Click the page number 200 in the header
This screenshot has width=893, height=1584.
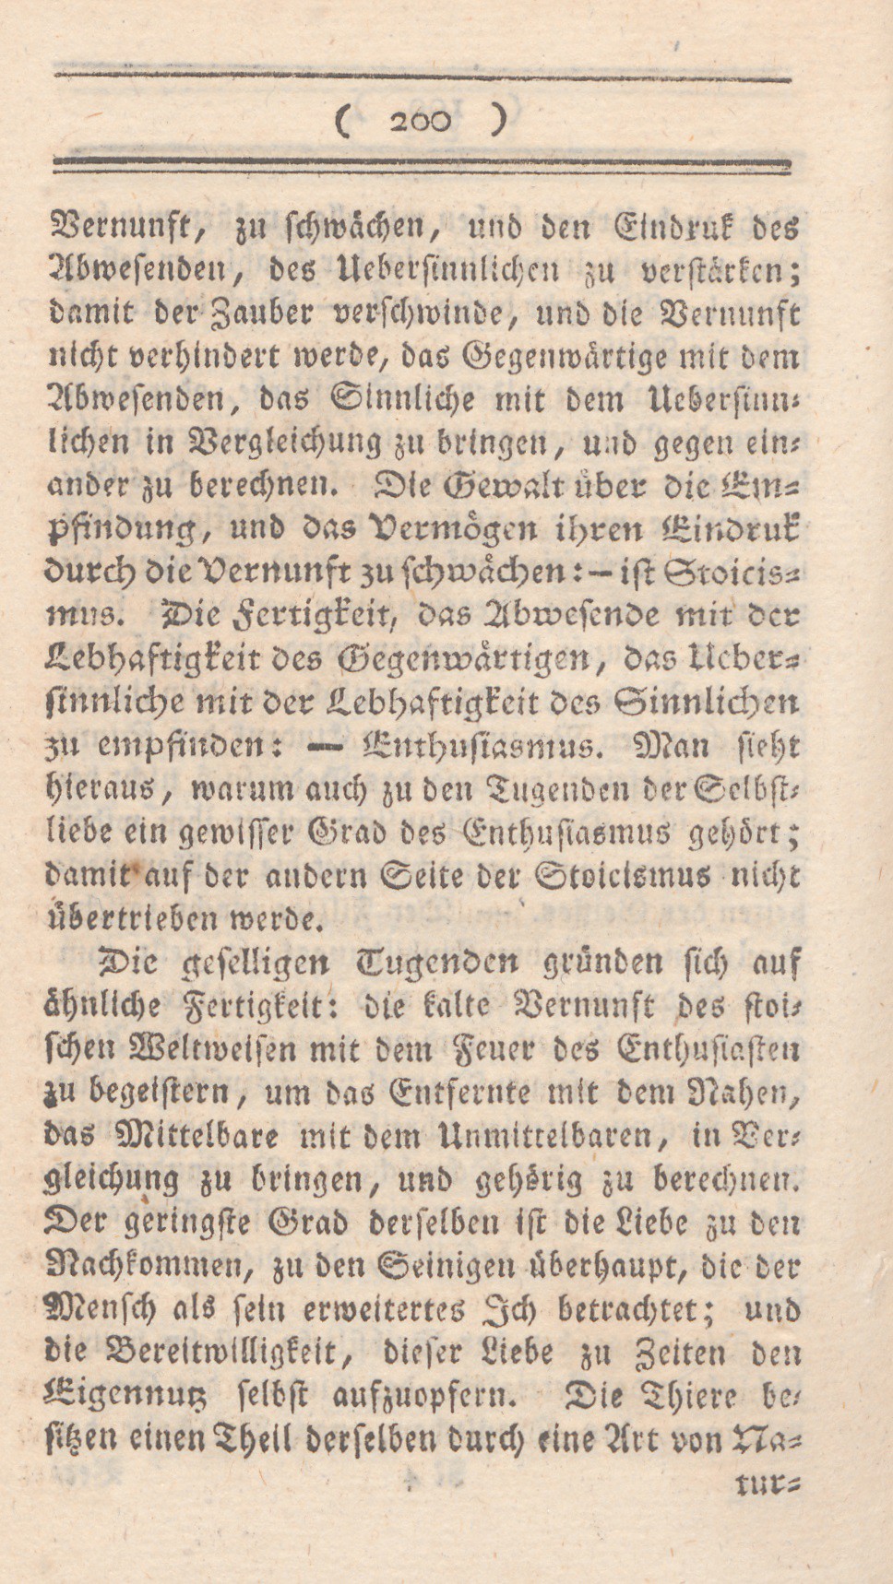421,122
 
